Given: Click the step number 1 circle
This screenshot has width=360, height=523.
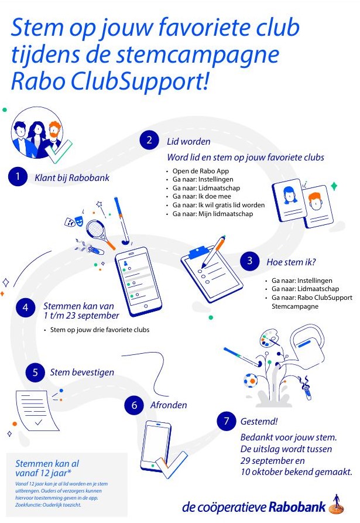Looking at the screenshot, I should point(18,177).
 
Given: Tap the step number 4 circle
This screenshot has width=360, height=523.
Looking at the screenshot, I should point(25,309).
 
